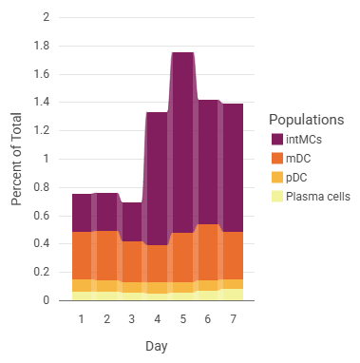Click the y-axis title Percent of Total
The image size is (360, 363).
(17, 158)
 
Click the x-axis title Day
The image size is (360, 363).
(157, 347)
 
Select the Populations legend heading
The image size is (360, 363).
(307, 121)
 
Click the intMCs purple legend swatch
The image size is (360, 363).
(276, 141)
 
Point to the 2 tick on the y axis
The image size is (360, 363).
(47, 17)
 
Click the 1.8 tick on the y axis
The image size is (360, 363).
(43, 46)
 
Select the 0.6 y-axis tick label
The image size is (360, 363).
(43, 215)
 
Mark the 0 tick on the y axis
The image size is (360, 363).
(47, 300)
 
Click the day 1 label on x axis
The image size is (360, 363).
(82, 318)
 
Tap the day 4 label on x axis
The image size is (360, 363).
(157, 318)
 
